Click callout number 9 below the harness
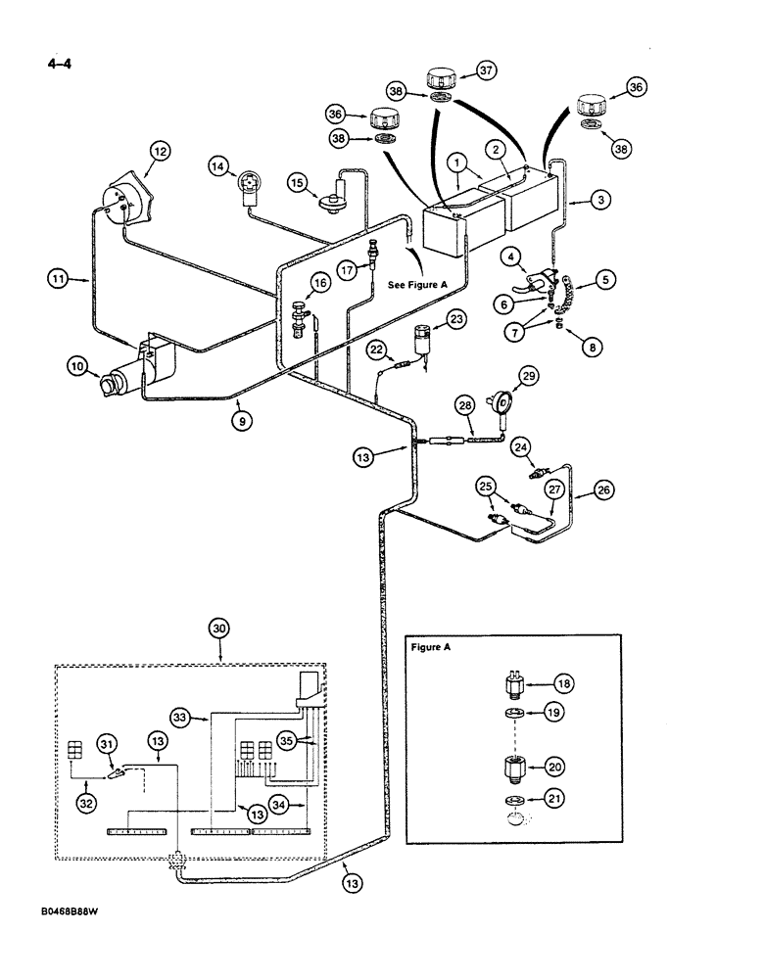click(x=240, y=420)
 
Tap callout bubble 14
click(x=220, y=166)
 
